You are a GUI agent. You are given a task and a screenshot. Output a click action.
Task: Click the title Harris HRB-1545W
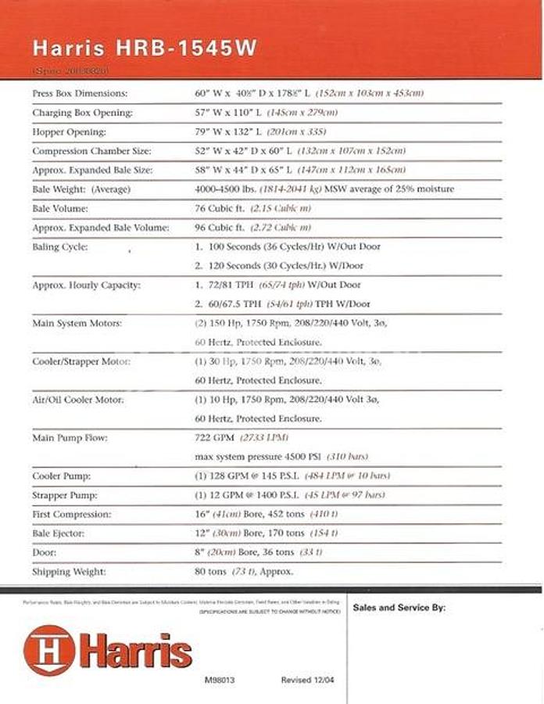coord(145,48)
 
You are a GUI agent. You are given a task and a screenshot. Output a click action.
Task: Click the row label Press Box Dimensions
coord(79,93)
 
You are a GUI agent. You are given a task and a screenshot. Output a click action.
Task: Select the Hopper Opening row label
coord(69,131)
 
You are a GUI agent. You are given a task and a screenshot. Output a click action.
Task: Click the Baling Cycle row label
coord(59,247)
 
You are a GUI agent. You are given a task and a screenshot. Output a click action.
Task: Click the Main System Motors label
coord(77,323)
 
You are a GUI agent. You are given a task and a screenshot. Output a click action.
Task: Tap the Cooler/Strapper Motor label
coord(81,361)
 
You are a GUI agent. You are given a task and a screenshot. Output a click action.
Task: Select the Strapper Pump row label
coord(66,495)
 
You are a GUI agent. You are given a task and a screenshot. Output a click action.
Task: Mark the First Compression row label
coord(71,515)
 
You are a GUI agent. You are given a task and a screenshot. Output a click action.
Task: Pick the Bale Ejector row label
coord(59,533)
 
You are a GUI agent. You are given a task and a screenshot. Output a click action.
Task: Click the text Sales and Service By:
coord(399,607)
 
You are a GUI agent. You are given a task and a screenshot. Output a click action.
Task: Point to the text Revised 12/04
coord(307,680)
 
